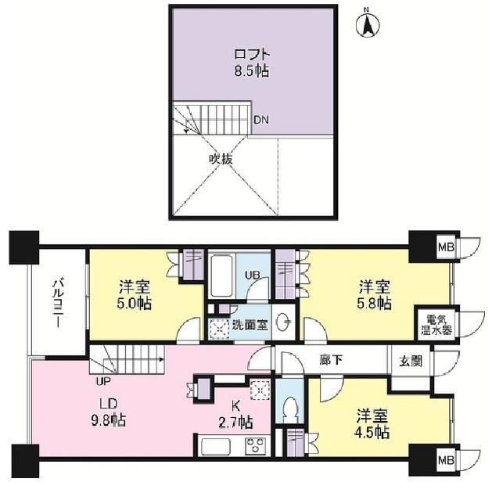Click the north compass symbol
[x=368, y=23]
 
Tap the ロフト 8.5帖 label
[x=252, y=63]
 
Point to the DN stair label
[x=261, y=120]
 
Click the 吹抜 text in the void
[x=221, y=159]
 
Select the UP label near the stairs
[x=104, y=381]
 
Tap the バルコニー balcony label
[x=59, y=303]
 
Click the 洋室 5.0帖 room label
[x=135, y=295]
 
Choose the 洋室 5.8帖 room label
[x=375, y=295]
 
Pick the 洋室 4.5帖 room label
[x=372, y=424]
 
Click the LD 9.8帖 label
[x=109, y=412]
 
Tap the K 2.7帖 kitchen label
[x=235, y=414]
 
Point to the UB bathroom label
[x=253, y=275]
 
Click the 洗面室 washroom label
[x=250, y=325]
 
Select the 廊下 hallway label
[x=331, y=360]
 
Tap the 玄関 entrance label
[x=411, y=361]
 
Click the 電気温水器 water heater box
[x=436, y=324]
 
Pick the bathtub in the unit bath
[x=222, y=275]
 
